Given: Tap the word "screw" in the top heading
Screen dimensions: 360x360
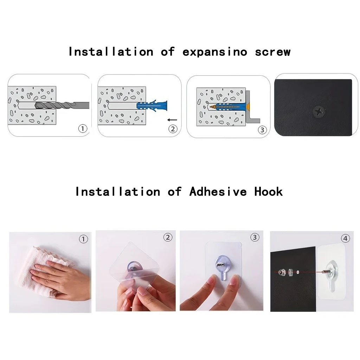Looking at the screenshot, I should point(273,52).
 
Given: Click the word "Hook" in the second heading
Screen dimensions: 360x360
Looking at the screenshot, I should point(269,192).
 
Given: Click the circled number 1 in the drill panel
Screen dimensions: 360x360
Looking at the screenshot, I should point(82,129).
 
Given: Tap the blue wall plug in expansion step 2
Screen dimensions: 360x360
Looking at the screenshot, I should point(153,105).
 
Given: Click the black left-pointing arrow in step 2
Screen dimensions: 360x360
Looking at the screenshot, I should point(173,120).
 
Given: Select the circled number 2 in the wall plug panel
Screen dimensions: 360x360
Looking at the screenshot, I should point(172,129).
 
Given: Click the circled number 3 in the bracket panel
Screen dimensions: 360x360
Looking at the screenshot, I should point(262,130).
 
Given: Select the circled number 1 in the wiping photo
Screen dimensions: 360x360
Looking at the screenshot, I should point(83,239).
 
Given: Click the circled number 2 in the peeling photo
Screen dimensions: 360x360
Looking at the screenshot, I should point(168,237).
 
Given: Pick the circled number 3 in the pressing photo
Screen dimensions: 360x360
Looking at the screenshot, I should point(255,237).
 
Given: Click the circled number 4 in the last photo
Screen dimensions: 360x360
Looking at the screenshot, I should point(346,239).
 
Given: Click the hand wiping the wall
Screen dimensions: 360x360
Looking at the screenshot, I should point(62,278).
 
